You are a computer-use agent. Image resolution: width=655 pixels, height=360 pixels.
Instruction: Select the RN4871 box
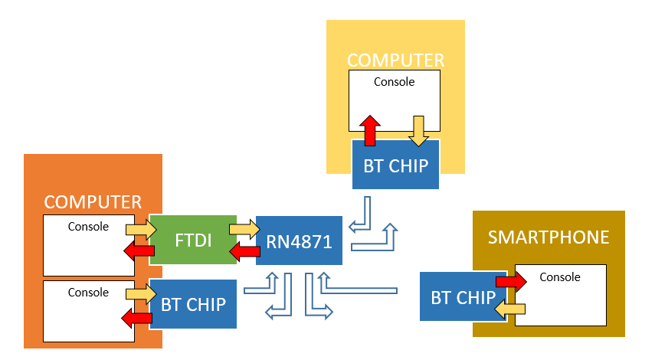click(299, 242)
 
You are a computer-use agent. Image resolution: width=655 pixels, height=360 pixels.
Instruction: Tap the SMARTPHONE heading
click(549, 237)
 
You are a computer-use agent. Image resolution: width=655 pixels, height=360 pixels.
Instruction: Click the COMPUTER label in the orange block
click(93, 202)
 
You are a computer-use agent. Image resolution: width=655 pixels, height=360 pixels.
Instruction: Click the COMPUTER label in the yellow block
click(395, 61)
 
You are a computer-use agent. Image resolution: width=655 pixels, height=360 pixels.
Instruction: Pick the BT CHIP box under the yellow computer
click(395, 165)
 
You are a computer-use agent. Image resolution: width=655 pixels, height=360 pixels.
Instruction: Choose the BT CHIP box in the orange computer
click(193, 304)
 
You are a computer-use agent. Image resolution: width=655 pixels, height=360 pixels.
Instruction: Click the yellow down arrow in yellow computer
click(418, 129)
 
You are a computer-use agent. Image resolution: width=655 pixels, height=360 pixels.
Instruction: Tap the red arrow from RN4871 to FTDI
click(245, 250)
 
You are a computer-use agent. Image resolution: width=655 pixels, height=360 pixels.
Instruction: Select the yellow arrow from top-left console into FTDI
click(141, 229)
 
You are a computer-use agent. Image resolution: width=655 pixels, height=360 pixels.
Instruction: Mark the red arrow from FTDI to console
click(139, 252)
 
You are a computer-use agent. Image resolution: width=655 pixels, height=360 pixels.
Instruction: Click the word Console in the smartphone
click(560, 277)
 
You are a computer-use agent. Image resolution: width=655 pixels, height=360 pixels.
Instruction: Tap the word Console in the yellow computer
click(394, 81)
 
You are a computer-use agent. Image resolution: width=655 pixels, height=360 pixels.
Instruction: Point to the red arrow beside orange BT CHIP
click(138, 316)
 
